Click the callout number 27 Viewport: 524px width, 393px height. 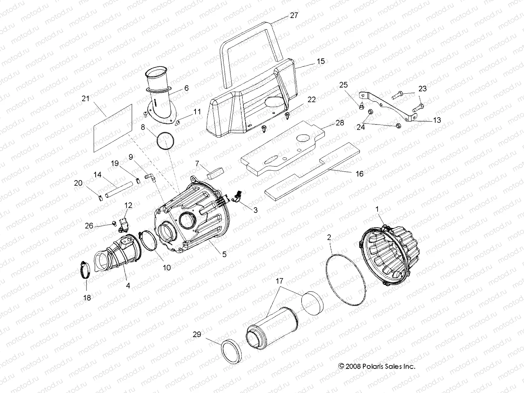point(294,15)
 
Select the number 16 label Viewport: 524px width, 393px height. point(359,174)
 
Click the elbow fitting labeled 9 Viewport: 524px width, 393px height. point(151,177)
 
